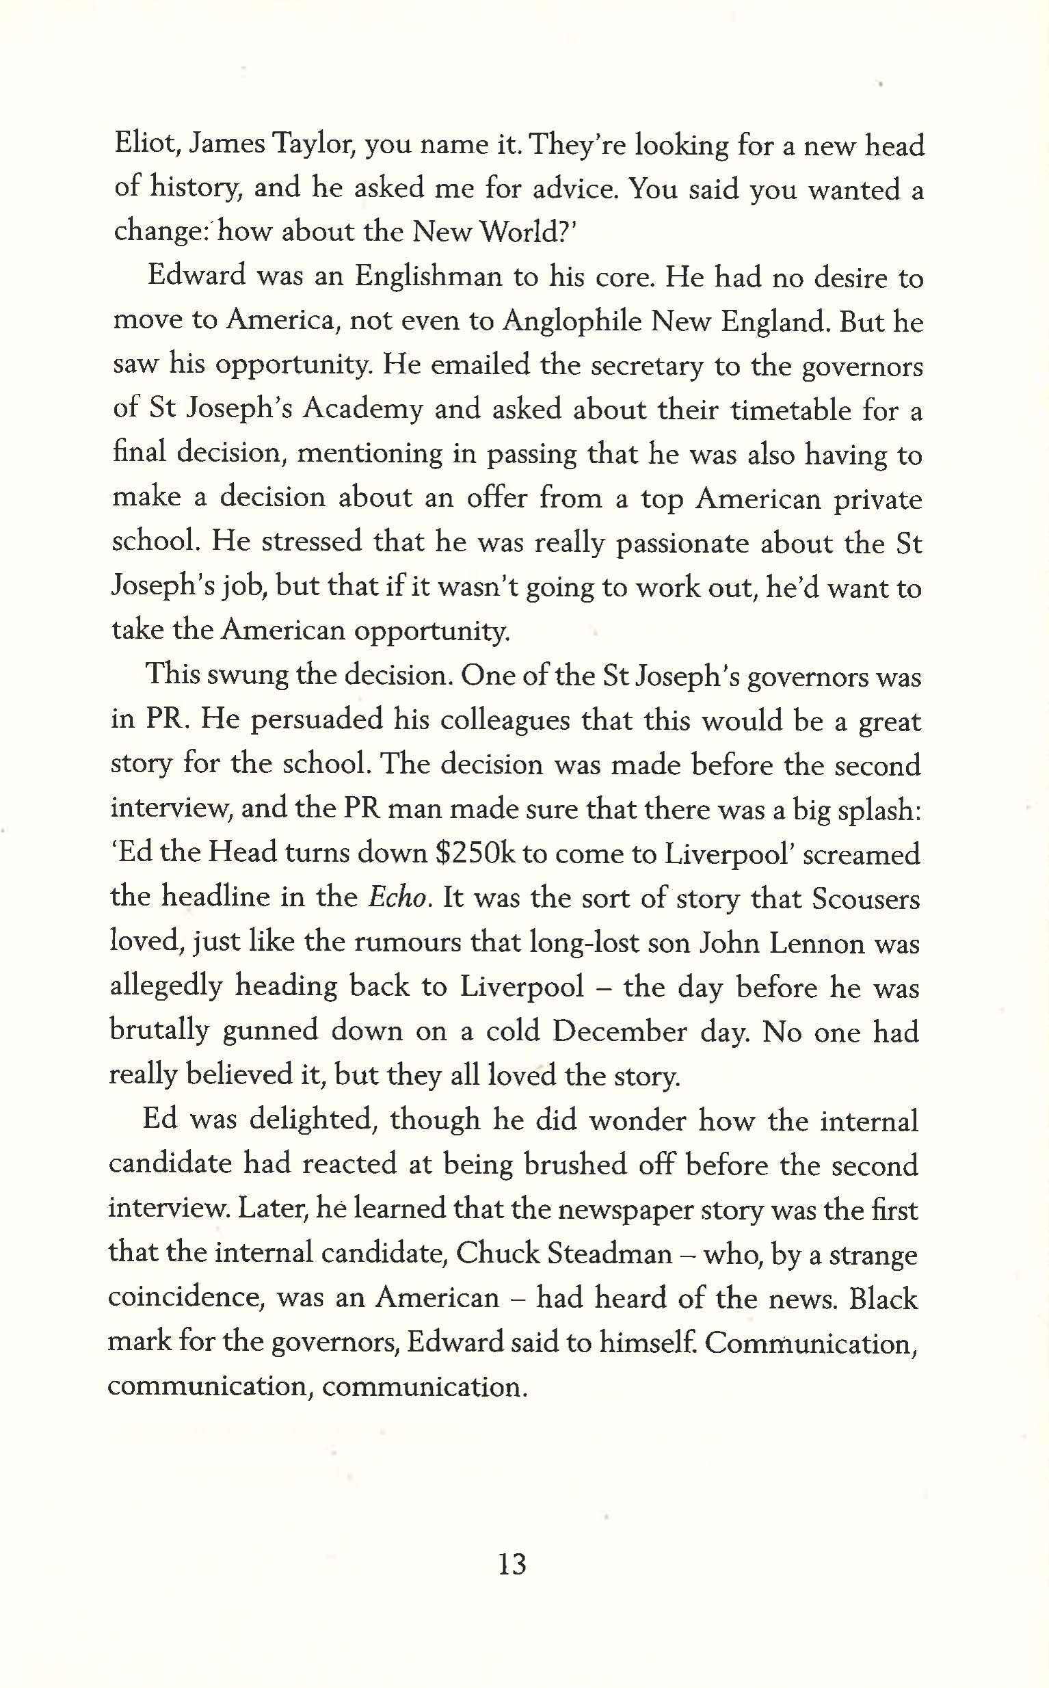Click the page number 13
512,1564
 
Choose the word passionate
683,543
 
